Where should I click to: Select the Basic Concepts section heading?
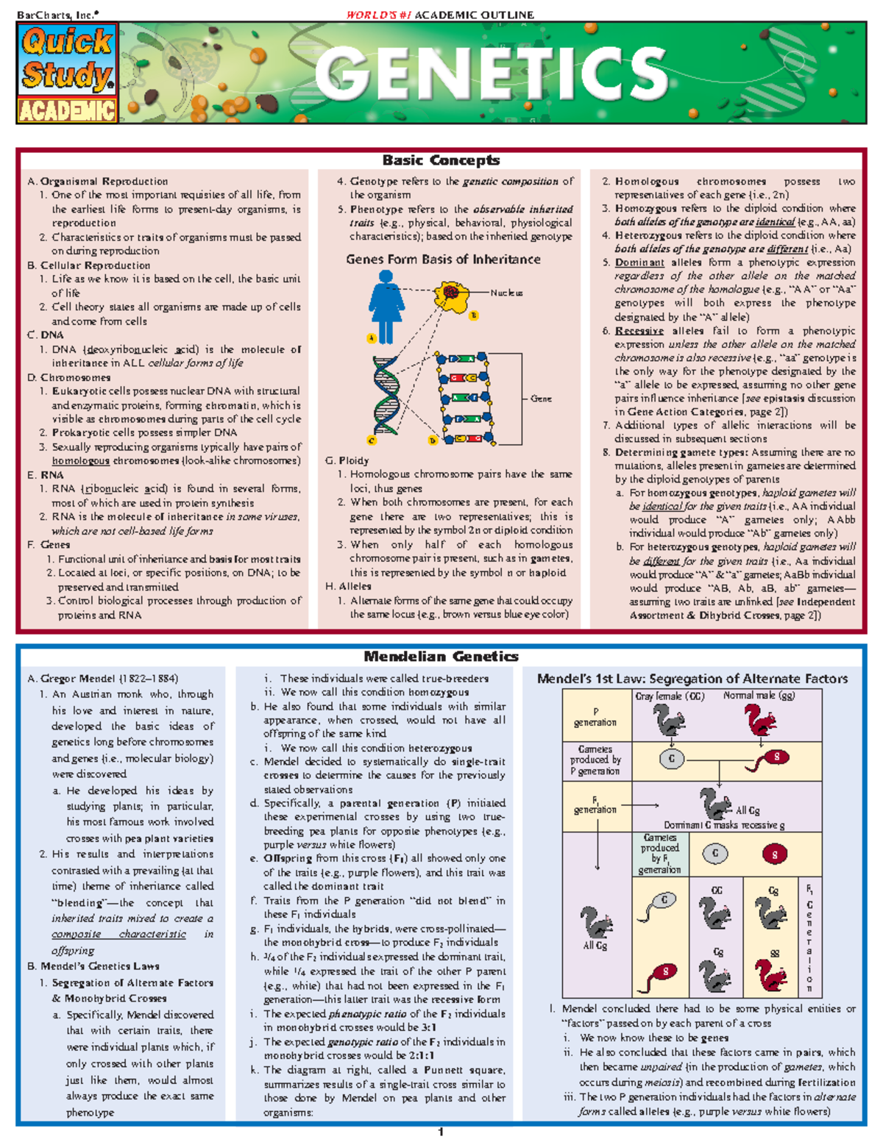pyautogui.click(x=441, y=160)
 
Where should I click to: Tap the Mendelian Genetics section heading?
pyautogui.click(x=441, y=657)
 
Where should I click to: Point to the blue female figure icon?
pyautogui.click(x=386, y=306)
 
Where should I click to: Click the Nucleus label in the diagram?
pyautogui.click(x=506, y=293)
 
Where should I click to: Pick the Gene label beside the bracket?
pyautogui.click(x=541, y=399)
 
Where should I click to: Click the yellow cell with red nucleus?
pyautogui.click(x=451, y=294)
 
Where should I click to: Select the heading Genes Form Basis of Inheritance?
pyautogui.click(x=443, y=260)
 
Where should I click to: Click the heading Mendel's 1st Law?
pyautogui.click(x=692, y=679)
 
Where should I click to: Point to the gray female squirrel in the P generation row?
pyautogui.click(x=669, y=720)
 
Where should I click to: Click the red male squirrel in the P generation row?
pyautogui.click(x=760, y=720)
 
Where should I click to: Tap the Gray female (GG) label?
pyautogui.click(x=670, y=696)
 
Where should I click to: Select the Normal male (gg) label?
pyautogui.click(x=759, y=696)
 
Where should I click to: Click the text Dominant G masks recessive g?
pyautogui.click(x=724, y=825)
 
